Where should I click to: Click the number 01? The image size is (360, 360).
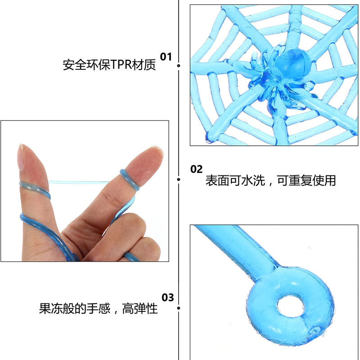click(x=166, y=57)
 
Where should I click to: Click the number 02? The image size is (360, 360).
click(x=197, y=169)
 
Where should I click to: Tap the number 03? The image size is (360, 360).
click(x=167, y=297)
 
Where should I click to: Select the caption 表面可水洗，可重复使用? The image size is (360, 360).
click(x=270, y=181)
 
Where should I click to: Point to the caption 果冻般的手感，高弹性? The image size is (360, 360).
click(x=98, y=309)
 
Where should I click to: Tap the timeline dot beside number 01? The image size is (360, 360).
click(x=179, y=66)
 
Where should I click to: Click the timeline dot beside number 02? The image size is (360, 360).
click(x=179, y=180)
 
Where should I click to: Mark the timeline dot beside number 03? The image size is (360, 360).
click(x=179, y=308)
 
